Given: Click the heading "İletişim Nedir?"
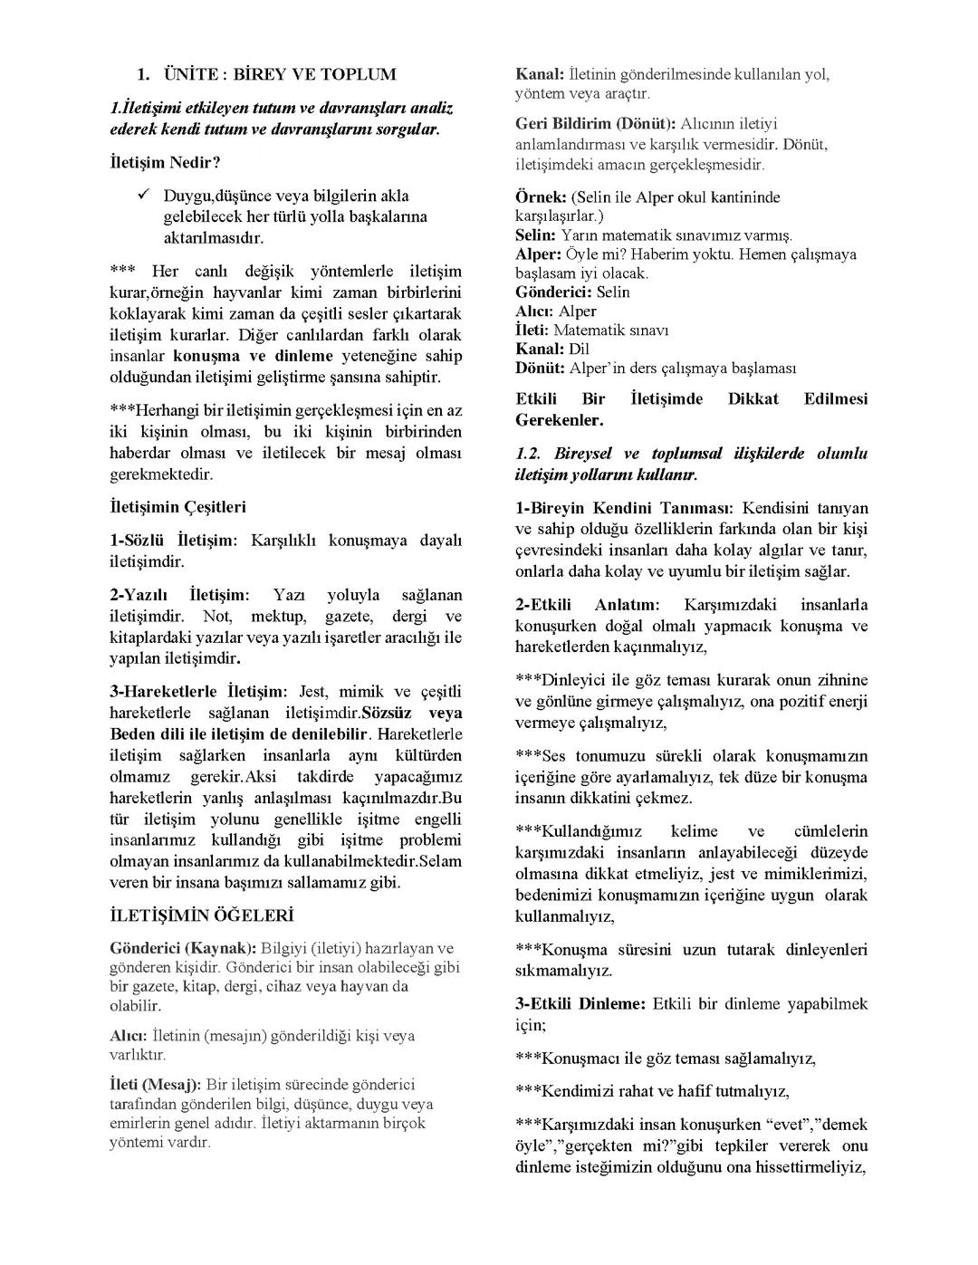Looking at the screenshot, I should [165, 162].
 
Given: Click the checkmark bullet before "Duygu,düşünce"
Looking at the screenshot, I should [143, 195].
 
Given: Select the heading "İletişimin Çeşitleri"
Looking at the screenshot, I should [177, 507].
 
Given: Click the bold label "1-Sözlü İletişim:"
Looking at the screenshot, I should [172, 541].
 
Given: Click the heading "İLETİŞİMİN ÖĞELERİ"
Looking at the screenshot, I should [201, 915].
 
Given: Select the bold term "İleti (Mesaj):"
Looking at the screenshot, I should [155, 1084].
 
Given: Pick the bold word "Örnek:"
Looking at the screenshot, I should [541, 197].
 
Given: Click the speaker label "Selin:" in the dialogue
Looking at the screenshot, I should [535, 235].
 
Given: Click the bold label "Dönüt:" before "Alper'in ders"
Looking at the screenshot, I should [541, 369].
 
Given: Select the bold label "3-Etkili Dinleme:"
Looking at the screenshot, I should [580, 1004].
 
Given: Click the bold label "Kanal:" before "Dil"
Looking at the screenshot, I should [540, 350].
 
